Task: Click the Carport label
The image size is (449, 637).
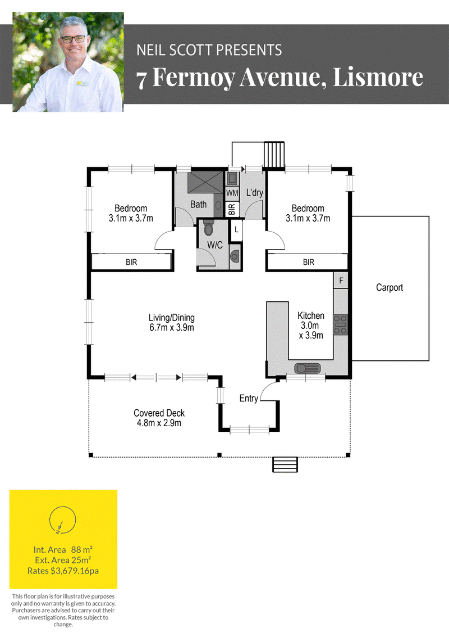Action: click(390, 288)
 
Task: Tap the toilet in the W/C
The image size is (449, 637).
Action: click(208, 228)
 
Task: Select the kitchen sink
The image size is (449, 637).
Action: click(308, 368)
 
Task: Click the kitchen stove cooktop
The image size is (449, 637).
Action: click(341, 324)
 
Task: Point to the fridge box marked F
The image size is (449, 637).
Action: click(341, 281)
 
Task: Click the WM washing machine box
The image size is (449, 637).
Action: click(232, 193)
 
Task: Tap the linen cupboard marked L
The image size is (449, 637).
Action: click(236, 230)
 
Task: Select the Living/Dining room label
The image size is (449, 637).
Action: click(172, 323)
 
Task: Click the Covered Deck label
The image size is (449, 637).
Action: click(159, 418)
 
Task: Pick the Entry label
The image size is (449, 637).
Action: click(249, 398)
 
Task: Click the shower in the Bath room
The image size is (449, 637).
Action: click(205, 182)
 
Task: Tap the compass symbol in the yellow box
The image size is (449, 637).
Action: click(62, 520)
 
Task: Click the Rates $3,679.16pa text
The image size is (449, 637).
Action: click(63, 571)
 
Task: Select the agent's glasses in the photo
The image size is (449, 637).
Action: click(73, 39)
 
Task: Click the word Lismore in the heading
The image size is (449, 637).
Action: click(378, 77)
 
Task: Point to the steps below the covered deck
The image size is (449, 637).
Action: click(285, 464)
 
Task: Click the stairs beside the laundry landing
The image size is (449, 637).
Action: click(274, 155)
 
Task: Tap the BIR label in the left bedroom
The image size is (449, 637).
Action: click(131, 263)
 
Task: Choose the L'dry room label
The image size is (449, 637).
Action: click(255, 193)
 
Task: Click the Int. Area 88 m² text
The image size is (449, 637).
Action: click(63, 550)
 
